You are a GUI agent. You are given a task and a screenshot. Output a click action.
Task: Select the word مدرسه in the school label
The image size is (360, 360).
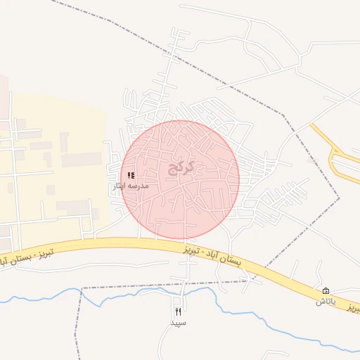(138, 187)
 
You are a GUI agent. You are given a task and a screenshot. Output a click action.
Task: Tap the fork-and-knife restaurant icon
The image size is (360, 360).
(178, 311)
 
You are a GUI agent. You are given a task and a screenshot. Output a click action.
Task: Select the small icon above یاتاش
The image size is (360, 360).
(326, 291)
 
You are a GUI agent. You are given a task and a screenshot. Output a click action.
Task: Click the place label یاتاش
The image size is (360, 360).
(326, 302)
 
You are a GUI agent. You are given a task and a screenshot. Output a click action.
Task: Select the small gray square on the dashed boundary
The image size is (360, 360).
(313, 161)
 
